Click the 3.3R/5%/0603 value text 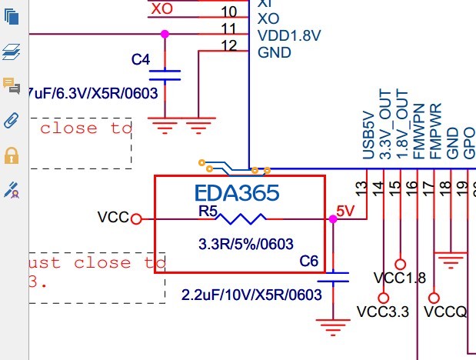pos(246,245)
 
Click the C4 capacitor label pos(141,59)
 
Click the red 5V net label pos(346,210)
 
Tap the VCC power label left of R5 pos(112,218)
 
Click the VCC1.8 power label pos(399,278)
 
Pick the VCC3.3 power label pos(383,312)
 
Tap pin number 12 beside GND pos(229,47)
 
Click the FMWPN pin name pos(418,132)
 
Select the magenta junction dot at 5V pos(332,219)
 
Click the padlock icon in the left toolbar pos(12,156)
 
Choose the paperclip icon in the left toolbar pos(12,120)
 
